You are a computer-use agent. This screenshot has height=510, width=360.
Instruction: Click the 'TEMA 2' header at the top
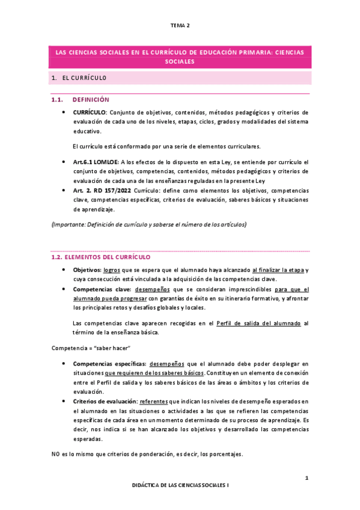pyautogui.click(x=180, y=25)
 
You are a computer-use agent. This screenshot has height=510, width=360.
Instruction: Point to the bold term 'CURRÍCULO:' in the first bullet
pyautogui.click(x=90, y=112)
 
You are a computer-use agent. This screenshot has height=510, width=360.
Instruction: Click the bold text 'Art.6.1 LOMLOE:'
pyautogui.click(x=96, y=162)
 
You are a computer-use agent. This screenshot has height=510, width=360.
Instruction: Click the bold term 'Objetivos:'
pyautogui.click(x=87, y=269)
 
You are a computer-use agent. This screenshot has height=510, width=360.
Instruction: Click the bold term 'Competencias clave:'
pyautogui.click(x=100, y=289)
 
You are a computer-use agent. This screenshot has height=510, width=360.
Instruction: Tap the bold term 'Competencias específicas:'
pyautogui.click(x=108, y=363)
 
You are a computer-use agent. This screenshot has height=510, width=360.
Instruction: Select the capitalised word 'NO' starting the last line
pyautogui.click(x=55, y=454)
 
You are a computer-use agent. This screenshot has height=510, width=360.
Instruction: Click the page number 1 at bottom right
pyautogui.click(x=306, y=478)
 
